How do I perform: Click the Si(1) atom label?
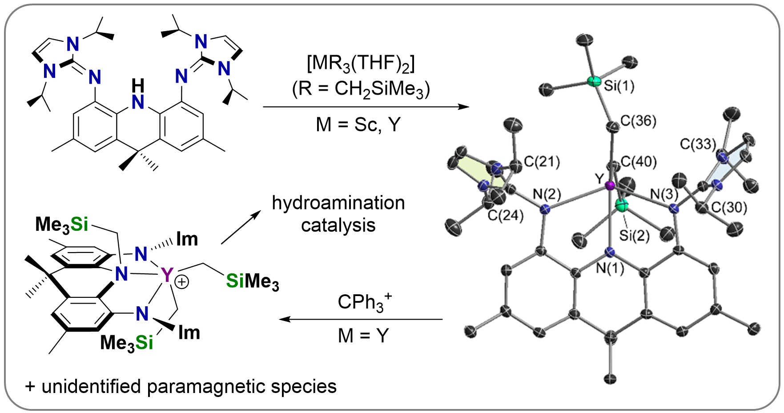tap(619, 86)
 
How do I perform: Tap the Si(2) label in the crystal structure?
tap(634, 235)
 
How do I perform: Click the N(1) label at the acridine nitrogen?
tap(610, 268)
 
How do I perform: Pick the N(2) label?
tap(547, 194)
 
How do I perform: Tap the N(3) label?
tap(664, 194)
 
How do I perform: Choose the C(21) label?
tap(542, 162)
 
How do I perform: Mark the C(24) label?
tap(506, 216)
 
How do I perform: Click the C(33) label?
tap(698, 144)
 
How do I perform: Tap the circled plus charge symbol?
tap(182, 282)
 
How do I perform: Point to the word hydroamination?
tap(338, 203)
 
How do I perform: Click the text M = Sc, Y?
tap(358, 125)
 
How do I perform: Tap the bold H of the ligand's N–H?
tap(138, 84)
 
